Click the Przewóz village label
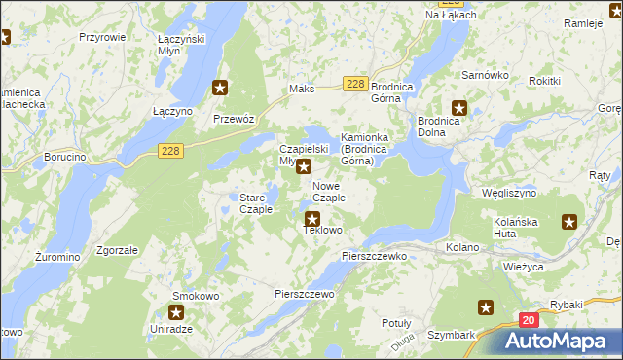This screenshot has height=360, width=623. pos(234,118)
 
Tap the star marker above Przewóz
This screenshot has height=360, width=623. pos(221,89)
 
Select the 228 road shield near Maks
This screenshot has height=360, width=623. pos(355,85)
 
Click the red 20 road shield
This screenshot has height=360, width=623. pos(528,320)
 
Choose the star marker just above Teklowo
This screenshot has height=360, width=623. pos(312,219)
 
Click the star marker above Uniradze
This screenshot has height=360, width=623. pos(176,312)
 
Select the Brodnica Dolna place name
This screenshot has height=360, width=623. pos(445,126)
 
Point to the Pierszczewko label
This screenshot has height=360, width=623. pos(374,255)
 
